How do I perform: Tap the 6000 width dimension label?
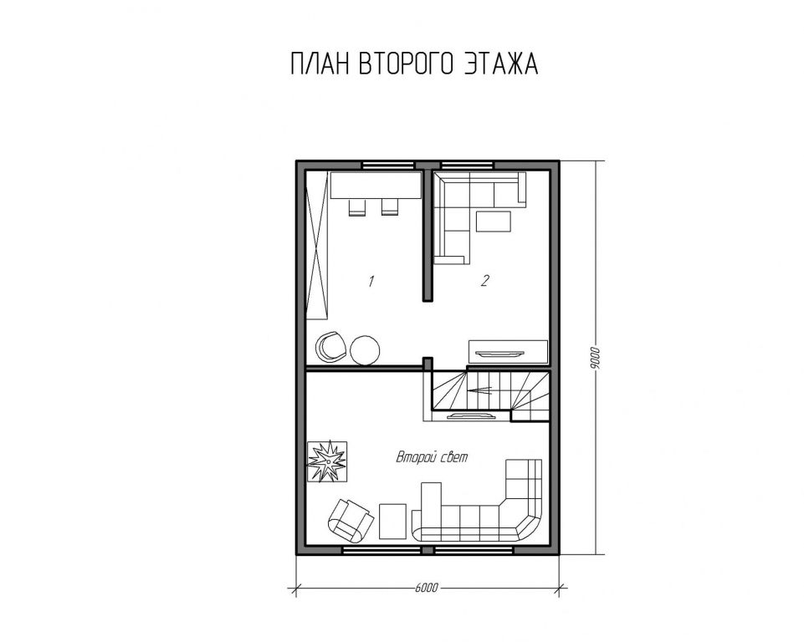(427, 587)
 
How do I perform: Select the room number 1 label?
(371, 281)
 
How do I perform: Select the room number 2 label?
(484, 280)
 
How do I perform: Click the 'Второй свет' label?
(432, 457)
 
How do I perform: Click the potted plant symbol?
(326, 461)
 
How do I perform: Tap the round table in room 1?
(366, 350)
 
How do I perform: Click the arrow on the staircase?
(480, 390)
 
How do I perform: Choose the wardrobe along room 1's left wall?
(317, 246)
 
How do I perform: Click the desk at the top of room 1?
(376, 186)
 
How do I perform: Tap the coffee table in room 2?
(494, 222)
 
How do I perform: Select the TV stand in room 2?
(508, 352)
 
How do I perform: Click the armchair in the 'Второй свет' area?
(350, 520)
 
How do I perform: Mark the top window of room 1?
(388, 165)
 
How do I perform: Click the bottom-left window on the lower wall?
(382, 550)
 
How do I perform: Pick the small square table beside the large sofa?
(392, 521)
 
